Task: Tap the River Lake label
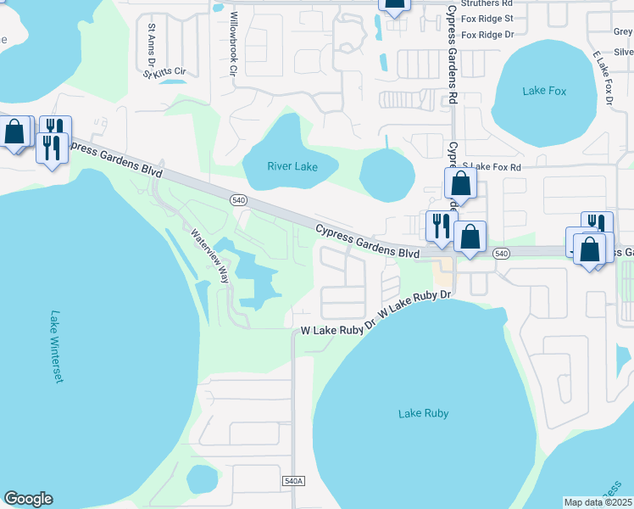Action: [x=292, y=166]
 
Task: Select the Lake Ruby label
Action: [x=423, y=413]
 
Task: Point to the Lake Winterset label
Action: [x=56, y=345]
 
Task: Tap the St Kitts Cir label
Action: [x=164, y=72]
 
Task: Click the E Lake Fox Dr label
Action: [x=603, y=79]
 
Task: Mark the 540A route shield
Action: [x=292, y=481]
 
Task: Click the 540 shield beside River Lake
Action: [x=238, y=199]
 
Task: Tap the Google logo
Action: [x=29, y=499]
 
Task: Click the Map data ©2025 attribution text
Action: [x=598, y=502]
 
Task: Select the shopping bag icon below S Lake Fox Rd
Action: [x=459, y=183]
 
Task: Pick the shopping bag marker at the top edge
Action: [x=394, y=3]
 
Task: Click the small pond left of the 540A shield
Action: [x=202, y=478]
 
